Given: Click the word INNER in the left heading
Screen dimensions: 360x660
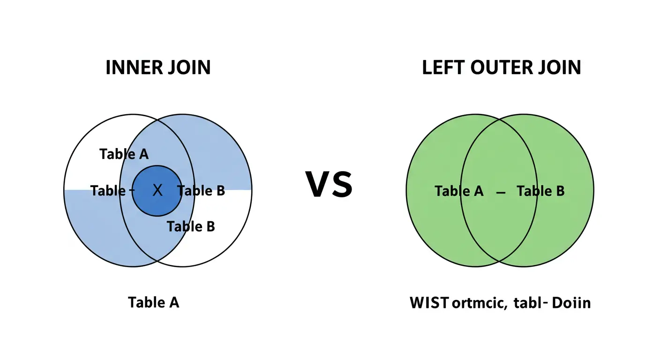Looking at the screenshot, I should (132, 67).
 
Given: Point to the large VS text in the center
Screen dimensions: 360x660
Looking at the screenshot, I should (329, 185).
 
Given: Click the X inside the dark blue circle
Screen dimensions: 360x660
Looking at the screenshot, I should (157, 190).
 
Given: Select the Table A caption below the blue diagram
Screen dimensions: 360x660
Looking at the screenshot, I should (153, 302).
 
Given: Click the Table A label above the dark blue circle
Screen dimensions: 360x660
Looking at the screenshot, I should (124, 154).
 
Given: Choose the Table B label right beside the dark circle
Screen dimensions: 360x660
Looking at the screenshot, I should (202, 191).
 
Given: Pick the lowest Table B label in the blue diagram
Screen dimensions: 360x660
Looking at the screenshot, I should (191, 226).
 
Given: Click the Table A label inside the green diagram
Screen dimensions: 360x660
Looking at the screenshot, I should (459, 191).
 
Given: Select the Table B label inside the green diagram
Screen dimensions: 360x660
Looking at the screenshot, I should (540, 191).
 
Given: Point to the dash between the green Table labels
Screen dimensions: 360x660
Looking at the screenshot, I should (500, 192).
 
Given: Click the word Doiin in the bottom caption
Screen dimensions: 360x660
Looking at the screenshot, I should (571, 303).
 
